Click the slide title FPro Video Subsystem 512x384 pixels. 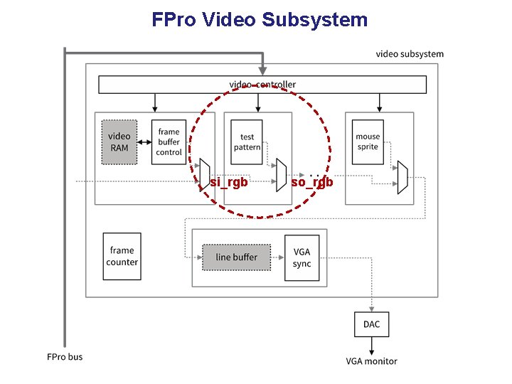point(260,19)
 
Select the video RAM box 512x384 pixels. point(119,142)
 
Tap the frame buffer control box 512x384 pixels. point(169,142)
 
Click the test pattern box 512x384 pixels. point(247,142)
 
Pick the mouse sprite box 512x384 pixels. point(368,142)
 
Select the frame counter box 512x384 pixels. point(122,256)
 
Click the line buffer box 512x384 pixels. point(236,257)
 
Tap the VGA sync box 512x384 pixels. point(302,257)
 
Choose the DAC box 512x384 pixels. point(371,324)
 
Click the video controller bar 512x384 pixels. point(262,85)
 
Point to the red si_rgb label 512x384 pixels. point(228,182)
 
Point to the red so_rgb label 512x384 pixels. point(312,182)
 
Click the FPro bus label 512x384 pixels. point(65,356)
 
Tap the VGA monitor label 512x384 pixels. point(371,361)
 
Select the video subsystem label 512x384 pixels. point(409,54)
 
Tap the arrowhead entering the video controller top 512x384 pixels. point(262,70)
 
